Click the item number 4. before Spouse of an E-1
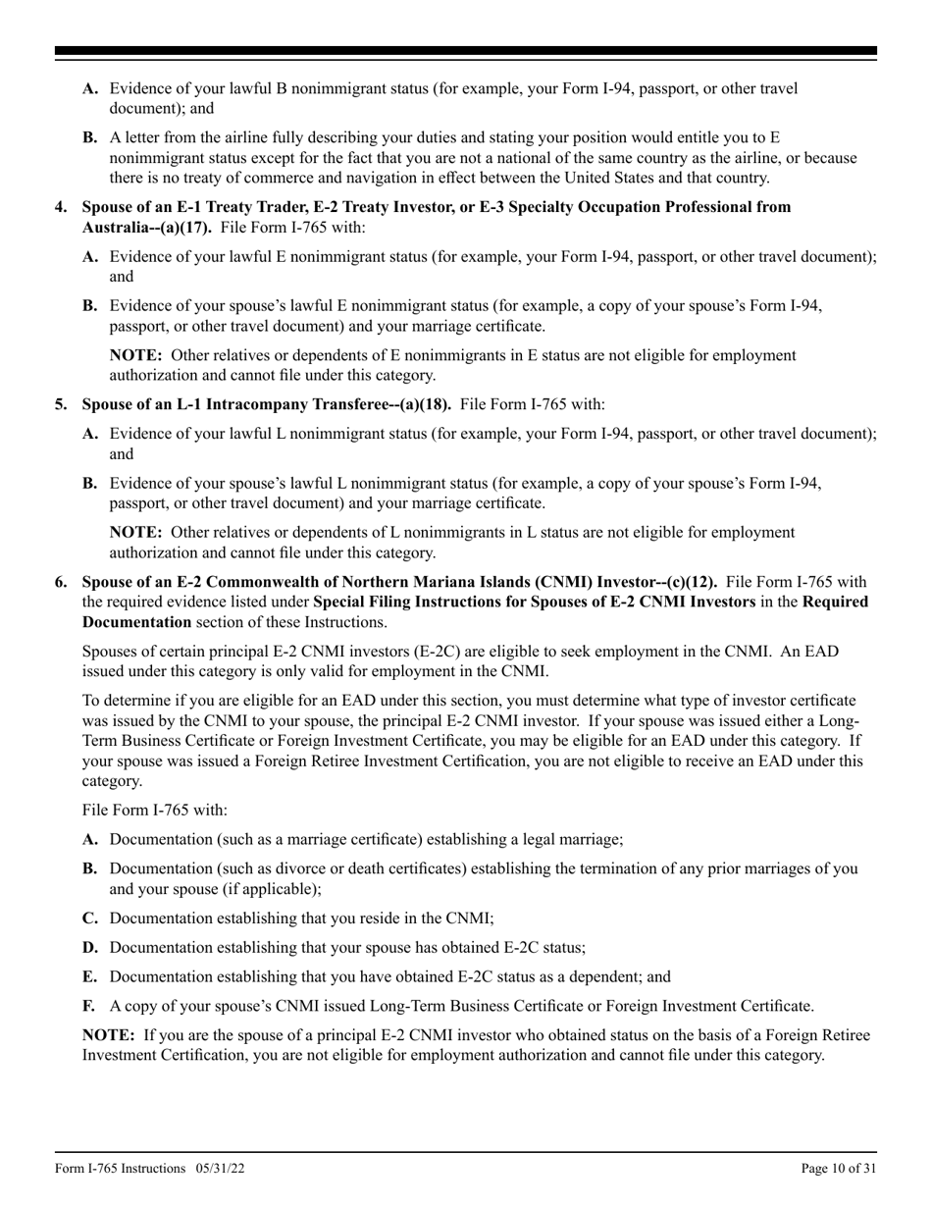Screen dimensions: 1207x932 click(61, 207)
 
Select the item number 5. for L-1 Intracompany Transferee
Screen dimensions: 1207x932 click(61, 404)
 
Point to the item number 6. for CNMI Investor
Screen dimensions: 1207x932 click(61, 582)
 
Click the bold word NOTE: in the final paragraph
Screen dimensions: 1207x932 click(108, 1035)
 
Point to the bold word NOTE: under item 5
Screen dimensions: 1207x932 click(135, 532)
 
